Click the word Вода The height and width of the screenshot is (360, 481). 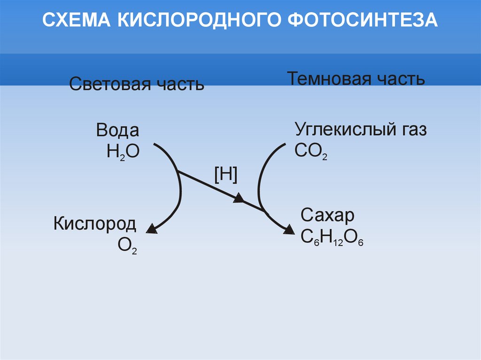(x=117, y=130)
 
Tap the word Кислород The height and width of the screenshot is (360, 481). (x=95, y=223)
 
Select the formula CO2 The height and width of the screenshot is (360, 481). (x=310, y=152)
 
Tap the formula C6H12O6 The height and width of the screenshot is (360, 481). (x=332, y=238)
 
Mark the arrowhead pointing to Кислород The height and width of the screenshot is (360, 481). (x=151, y=229)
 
